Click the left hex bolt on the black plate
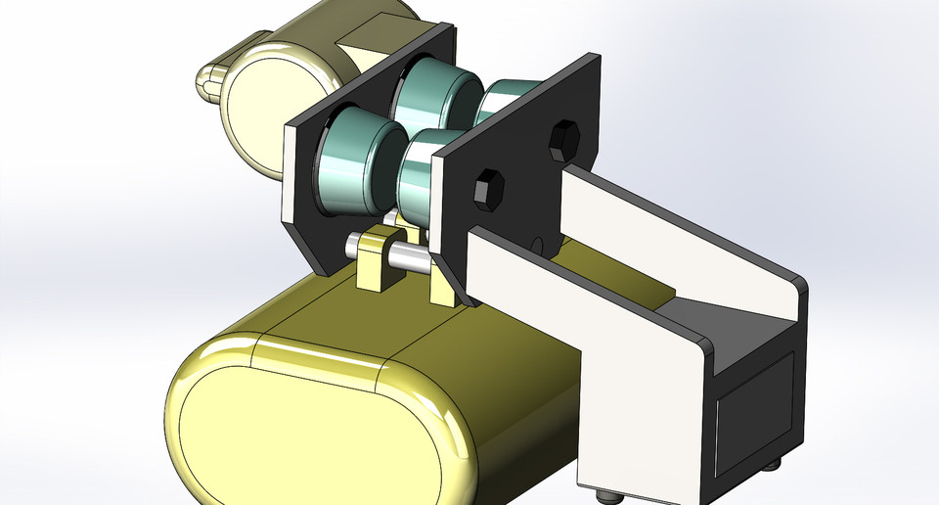489,188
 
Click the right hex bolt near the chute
563,141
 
